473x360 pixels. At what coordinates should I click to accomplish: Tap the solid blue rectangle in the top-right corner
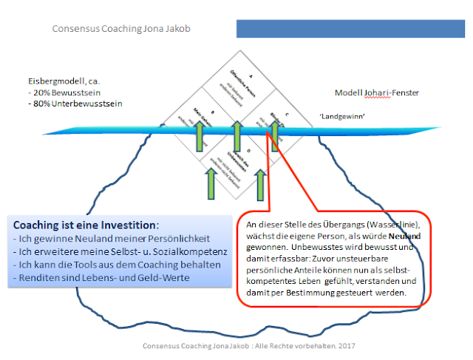point(353,29)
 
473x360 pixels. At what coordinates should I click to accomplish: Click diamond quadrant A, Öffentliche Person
point(237,84)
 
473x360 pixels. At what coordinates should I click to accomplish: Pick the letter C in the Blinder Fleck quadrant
point(284,115)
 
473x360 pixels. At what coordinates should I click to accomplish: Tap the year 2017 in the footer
point(339,345)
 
